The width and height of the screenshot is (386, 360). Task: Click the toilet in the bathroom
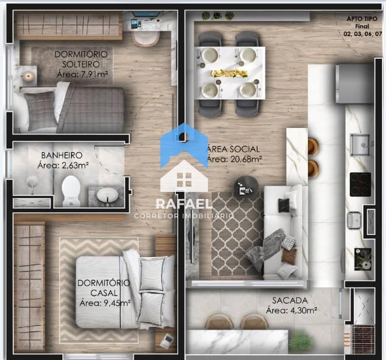(x=71, y=191)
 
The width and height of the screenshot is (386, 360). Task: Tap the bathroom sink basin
(x=107, y=194)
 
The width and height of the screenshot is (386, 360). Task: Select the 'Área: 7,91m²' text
(x=83, y=74)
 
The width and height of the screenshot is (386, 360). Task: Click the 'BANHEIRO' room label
(x=62, y=155)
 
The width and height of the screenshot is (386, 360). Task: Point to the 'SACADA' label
(x=290, y=300)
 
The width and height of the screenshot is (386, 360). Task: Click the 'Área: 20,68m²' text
(x=234, y=159)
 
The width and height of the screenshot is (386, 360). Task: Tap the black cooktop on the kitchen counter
(x=360, y=184)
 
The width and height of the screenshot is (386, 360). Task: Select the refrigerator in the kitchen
(x=355, y=84)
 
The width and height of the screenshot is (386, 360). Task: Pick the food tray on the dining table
(x=229, y=73)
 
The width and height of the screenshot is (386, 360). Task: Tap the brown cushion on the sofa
(x=289, y=256)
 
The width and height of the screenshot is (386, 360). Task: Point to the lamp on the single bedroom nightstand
(x=28, y=76)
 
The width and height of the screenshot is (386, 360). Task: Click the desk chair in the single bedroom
(x=145, y=38)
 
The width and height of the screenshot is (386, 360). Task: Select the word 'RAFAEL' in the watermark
(x=184, y=204)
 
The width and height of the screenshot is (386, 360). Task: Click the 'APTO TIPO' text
(x=362, y=19)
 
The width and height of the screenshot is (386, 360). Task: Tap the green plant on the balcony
(x=302, y=341)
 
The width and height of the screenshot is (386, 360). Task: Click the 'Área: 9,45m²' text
(x=105, y=303)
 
